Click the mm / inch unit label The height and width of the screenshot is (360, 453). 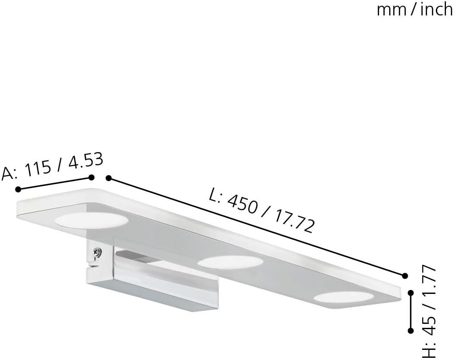click(x=415, y=10)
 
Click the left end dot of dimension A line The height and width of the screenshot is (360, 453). click(x=18, y=189)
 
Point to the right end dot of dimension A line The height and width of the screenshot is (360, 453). click(x=91, y=177)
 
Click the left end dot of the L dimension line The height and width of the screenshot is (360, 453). click(x=109, y=178)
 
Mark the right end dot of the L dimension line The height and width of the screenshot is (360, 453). click(x=405, y=275)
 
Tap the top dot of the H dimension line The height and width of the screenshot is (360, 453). click(x=410, y=293)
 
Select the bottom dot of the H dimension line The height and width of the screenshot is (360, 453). click(x=410, y=330)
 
